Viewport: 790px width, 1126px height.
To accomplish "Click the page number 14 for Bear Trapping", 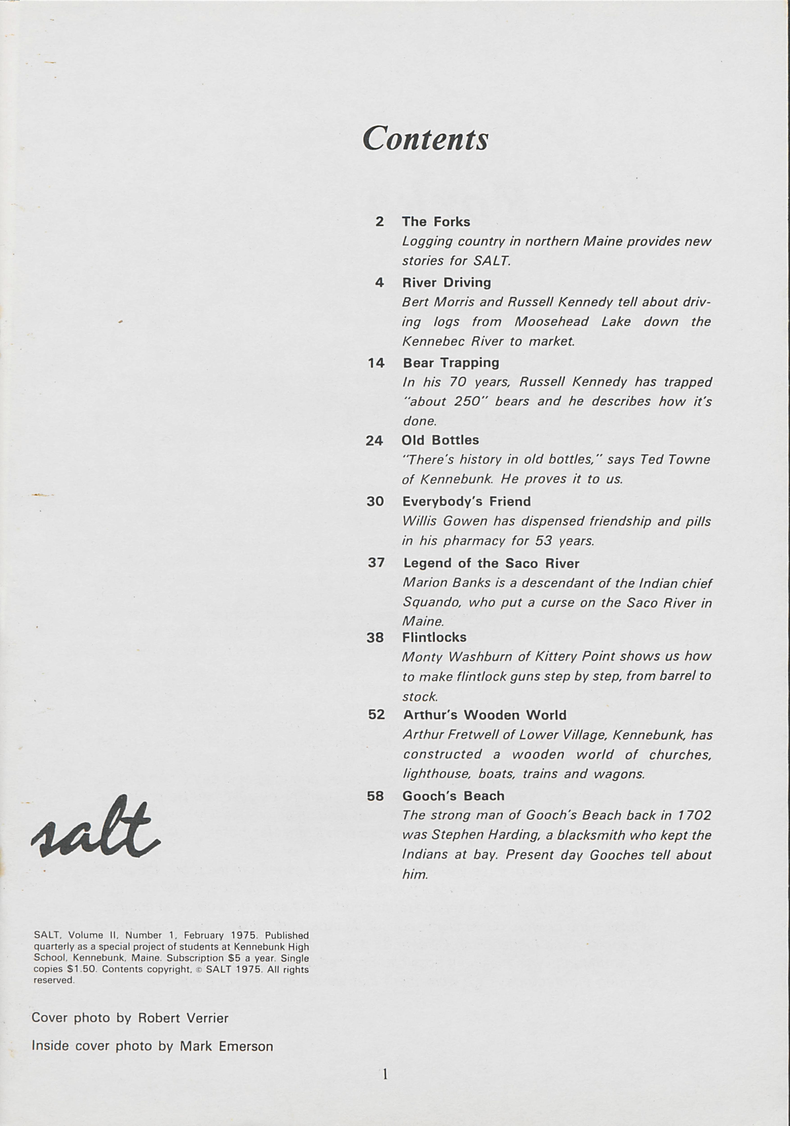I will pos(376,363).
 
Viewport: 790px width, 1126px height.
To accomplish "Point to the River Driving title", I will pos(446,282).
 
